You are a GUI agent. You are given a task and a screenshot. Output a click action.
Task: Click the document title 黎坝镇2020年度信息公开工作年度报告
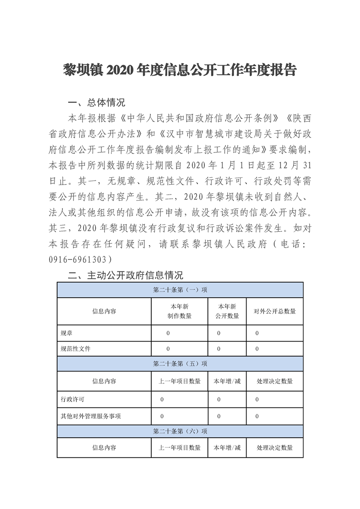point(180,70)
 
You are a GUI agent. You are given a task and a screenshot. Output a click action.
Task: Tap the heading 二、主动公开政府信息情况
point(125,275)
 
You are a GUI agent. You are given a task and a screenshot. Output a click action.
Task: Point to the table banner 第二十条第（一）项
point(180,290)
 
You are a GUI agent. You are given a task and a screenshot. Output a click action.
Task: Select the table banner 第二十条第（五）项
point(180,363)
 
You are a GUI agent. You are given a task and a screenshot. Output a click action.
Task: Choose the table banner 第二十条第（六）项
point(180,431)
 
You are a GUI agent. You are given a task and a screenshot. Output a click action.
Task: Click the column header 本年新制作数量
point(179,311)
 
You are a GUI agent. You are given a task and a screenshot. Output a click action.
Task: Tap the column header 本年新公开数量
point(227,311)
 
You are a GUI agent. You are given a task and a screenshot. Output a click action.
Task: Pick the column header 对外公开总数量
point(274,311)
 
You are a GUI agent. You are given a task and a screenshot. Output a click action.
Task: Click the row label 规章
point(66,333)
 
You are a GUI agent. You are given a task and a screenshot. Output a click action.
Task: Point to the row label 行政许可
point(72,400)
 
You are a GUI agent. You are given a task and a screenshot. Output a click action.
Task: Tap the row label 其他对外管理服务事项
point(90,416)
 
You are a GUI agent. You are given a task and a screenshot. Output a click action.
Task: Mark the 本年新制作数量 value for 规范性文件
point(168,348)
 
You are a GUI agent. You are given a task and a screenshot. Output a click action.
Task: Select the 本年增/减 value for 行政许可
point(219,400)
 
